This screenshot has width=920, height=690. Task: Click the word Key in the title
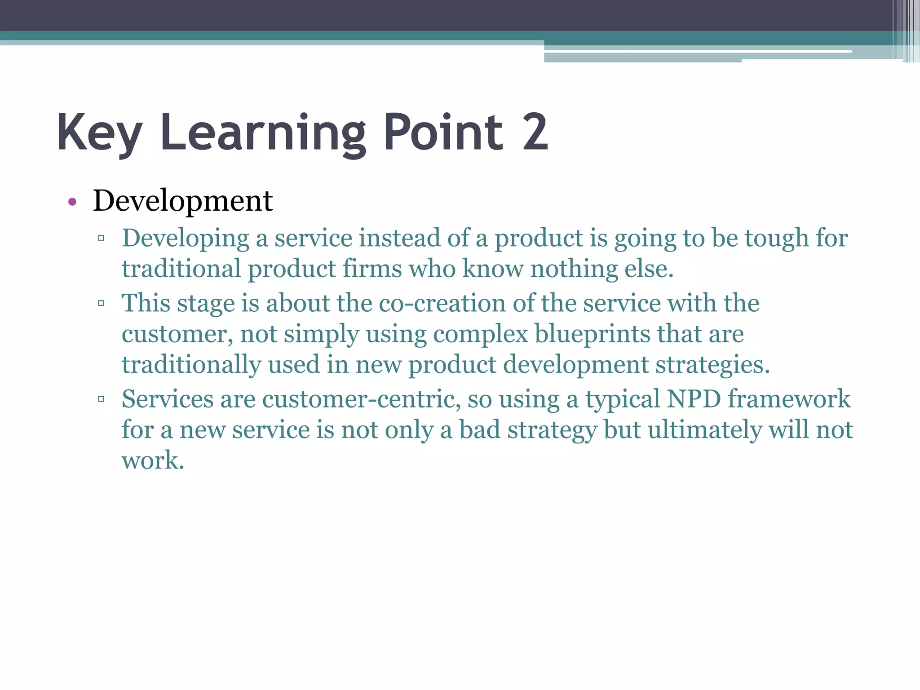(x=99, y=133)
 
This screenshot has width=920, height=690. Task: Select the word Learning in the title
(x=263, y=133)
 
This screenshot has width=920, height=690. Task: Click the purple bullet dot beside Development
(x=72, y=202)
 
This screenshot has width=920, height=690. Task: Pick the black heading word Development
(x=182, y=200)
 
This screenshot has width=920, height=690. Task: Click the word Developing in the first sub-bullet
(x=186, y=239)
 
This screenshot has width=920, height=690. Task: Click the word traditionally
(x=191, y=365)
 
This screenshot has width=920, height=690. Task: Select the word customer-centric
(x=361, y=399)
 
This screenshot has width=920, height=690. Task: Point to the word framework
(x=789, y=399)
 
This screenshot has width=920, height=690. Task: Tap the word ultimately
(x=704, y=430)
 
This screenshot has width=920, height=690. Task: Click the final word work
(x=153, y=460)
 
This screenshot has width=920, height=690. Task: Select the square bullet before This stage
(x=101, y=303)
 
